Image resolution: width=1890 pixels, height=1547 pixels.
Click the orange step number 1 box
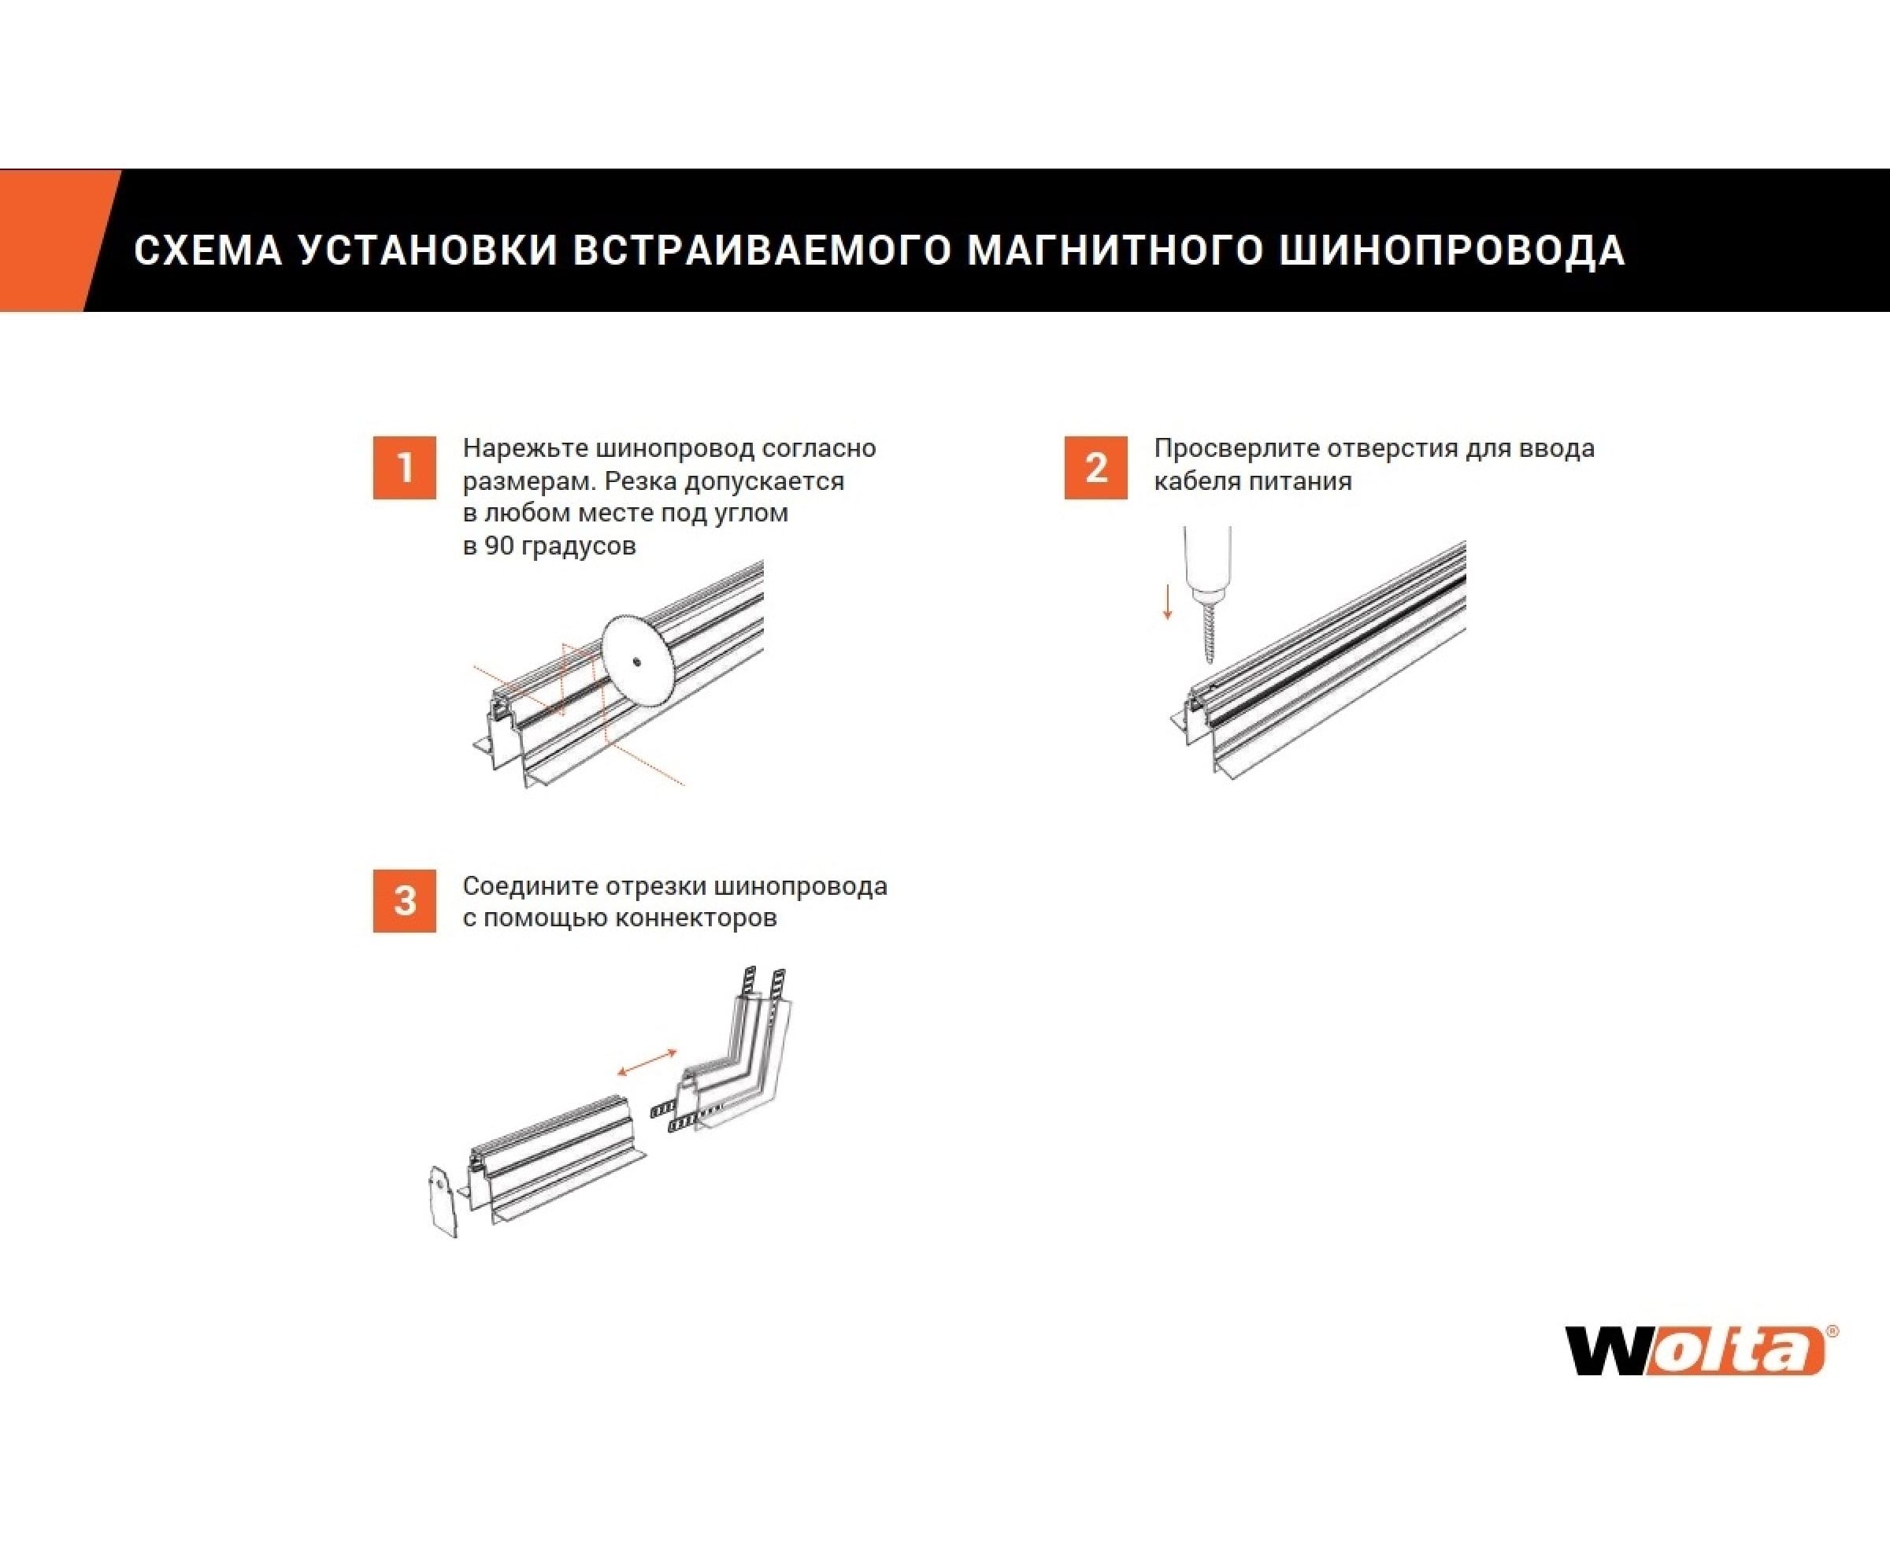pyautogui.click(x=405, y=468)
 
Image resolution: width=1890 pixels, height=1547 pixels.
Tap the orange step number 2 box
pyautogui.click(x=1096, y=468)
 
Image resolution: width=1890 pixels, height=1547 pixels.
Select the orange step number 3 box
pyautogui.click(x=405, y=901)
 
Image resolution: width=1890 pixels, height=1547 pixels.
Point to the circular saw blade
pyautogui.click(x=638, y=661)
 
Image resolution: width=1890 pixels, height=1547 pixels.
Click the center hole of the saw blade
pyautogui.click(x=638, y=661)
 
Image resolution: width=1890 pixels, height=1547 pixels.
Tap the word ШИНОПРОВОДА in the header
pyautogui.click(x=1452, y=250)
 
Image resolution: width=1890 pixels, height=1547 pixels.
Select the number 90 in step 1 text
pyautogui.click(x=499, y=545)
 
